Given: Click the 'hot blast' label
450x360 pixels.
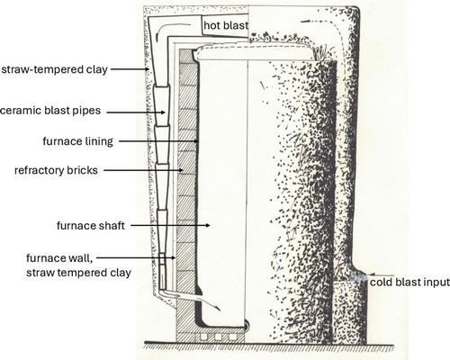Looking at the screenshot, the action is coord(226,25).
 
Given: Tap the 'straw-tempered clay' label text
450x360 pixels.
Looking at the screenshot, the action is coord(54,69).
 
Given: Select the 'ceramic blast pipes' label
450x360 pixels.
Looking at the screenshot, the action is coord(50,111).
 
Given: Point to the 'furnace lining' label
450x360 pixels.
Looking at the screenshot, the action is coord(77,141).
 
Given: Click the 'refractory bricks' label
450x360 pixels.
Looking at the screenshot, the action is coord(56,170).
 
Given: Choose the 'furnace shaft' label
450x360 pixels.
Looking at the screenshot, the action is coord(91,226).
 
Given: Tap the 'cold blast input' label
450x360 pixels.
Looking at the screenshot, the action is coord(409,283).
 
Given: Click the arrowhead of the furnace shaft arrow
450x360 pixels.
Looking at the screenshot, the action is coord(208,225).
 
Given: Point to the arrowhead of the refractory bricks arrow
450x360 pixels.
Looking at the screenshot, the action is coord(181,170).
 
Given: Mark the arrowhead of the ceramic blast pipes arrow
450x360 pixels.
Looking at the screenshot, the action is coord(163,112).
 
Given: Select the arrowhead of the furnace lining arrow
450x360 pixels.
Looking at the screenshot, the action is coord(196,140).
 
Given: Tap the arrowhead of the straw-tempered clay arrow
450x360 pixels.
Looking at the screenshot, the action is coord(147,69).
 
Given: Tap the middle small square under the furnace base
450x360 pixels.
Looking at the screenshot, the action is coord(218,337).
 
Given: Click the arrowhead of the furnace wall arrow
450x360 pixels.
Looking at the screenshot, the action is coord(174,257).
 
